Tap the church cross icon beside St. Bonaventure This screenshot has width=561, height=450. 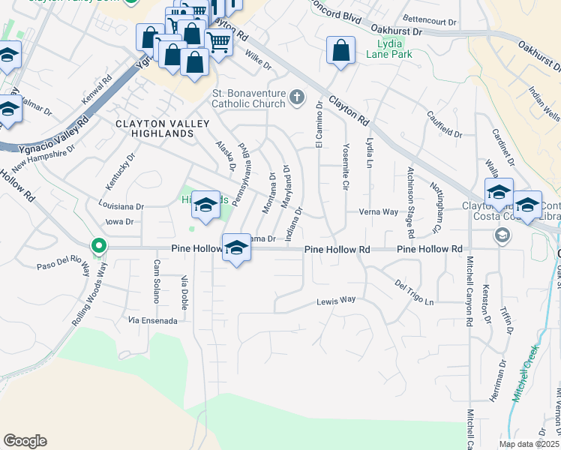click(297, 97)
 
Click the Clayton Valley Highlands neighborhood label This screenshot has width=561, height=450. click(154, 127)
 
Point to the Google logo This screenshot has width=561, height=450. click(25, 441)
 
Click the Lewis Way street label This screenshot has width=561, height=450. click(335, 300)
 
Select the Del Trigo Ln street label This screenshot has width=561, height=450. click(414, 294)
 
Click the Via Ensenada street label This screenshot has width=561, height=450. click(152, 320)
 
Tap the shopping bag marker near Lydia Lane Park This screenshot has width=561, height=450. click(340, 52)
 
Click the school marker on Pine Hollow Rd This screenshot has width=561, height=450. click(236, 247)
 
